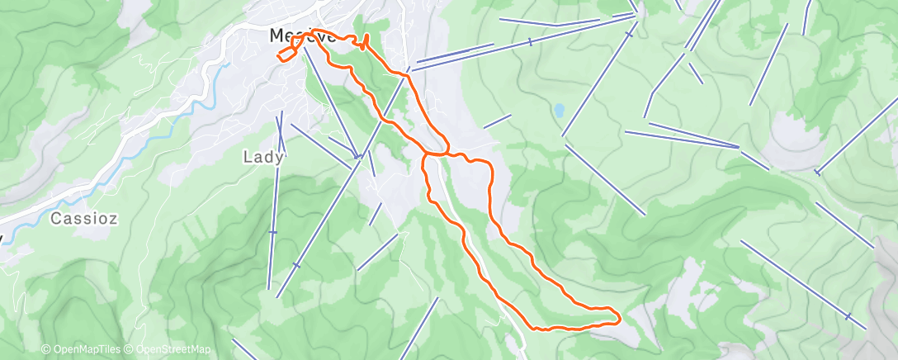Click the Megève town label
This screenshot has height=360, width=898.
point(302,37)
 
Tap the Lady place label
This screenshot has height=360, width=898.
point(263,156)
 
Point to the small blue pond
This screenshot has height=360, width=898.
point(560,109)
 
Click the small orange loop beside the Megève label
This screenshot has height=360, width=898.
point(285,53)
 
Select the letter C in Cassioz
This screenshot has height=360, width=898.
point(55,219)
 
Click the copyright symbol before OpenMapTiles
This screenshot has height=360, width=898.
point(46,350)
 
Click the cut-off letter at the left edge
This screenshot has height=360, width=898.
point(2,238)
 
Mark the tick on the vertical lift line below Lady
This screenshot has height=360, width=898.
point(273,232)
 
